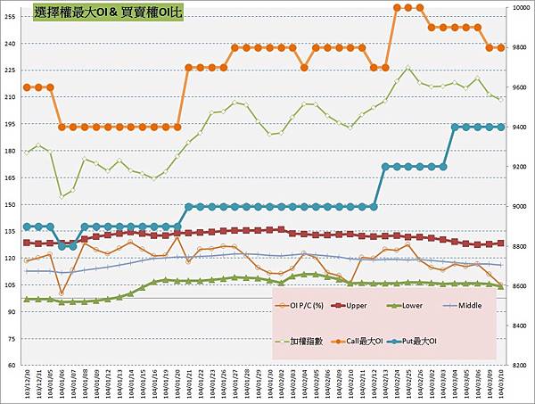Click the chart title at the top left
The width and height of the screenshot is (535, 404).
click(106, 13)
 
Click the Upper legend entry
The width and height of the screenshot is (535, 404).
click(352, 304)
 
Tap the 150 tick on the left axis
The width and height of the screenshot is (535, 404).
click(11, 204)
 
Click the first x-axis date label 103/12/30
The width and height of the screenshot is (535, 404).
click(27, 384)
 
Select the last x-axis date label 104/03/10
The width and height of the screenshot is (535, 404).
click(501, 384)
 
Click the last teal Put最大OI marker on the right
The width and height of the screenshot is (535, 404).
click(501, 127)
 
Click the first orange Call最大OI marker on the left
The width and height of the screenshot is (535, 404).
click(27, 87)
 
